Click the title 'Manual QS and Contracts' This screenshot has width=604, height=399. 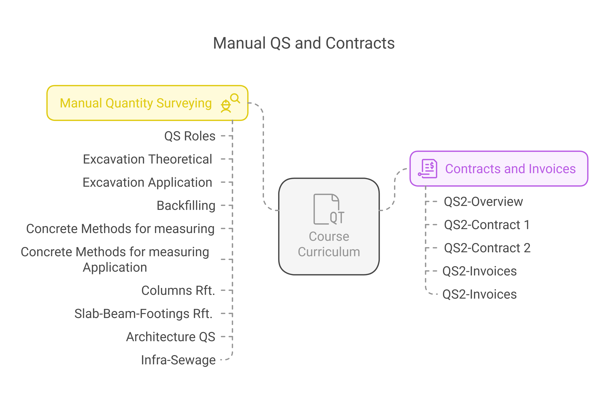304,43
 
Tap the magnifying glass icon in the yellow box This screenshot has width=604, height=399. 235,98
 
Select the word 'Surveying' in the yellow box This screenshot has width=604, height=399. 184,103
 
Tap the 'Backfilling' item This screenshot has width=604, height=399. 186,206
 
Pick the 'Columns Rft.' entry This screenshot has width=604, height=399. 178,290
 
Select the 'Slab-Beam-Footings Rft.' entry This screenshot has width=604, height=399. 143,314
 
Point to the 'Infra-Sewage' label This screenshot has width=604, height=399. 178,360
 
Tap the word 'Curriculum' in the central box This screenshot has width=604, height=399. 329,252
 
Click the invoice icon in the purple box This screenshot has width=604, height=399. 428,169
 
